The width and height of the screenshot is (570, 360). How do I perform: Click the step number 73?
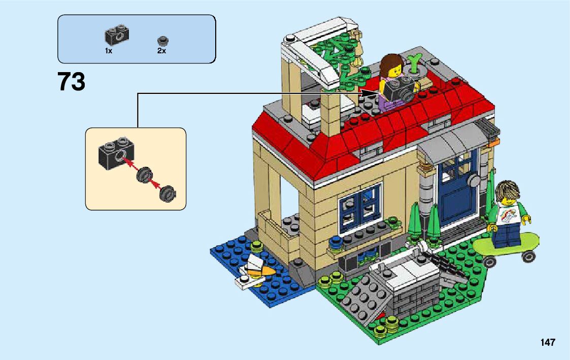point(72,82)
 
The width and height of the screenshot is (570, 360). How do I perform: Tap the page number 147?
point(548,342)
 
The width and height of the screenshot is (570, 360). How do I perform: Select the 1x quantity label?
point(109,51)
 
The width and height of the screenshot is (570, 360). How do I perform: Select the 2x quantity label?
point(162,51)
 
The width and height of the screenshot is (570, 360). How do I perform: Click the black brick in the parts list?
point(116,35)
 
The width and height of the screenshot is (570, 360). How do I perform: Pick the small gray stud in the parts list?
point(162,40)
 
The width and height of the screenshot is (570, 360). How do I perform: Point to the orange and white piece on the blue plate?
point(257,270)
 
